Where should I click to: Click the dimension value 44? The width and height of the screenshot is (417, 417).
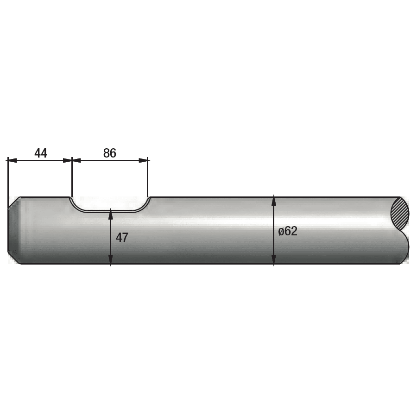click(x=41, y=153)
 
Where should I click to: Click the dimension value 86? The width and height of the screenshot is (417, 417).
click(x=109, y=153)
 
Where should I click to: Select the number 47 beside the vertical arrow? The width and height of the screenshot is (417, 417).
click(x=122, y=238)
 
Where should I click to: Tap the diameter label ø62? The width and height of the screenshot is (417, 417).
click(x=288, y=231)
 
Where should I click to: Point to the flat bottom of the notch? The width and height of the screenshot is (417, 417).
click(x=110, y=211)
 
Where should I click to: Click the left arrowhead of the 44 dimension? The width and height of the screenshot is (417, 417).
click(x=12, y=160)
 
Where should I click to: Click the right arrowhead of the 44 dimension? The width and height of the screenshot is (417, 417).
click(x=68, y=160)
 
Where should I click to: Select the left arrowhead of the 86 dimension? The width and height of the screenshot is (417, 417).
click(x=76, y=160)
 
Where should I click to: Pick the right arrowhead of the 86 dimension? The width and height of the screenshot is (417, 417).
click(x=143, y=160)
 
